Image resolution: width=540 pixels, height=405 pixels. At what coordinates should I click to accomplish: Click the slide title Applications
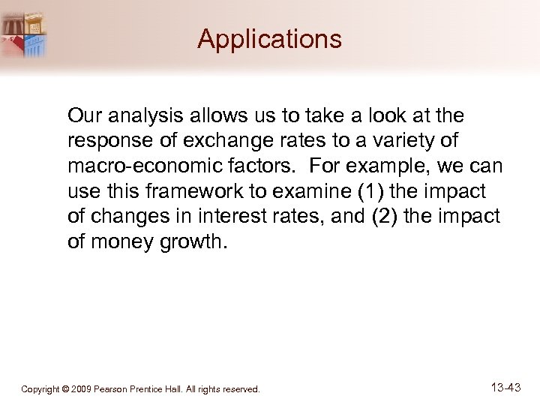(269, 39)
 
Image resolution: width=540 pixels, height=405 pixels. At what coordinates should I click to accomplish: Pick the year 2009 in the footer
(79, 389)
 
